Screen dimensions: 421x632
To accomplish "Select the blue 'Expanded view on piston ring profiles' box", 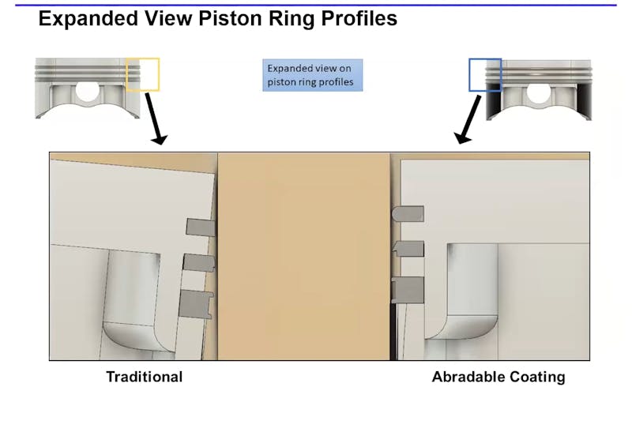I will click(313, 75).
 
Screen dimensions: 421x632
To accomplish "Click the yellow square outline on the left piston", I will click(143, 73).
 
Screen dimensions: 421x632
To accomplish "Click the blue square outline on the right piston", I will click(484, 74).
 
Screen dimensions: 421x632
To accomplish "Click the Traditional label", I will click(144, 377).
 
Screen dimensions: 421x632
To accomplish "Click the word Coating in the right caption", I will click(538, 377).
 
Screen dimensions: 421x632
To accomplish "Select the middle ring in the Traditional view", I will click(198, 261).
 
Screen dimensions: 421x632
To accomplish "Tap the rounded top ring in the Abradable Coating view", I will click(408, 212).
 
